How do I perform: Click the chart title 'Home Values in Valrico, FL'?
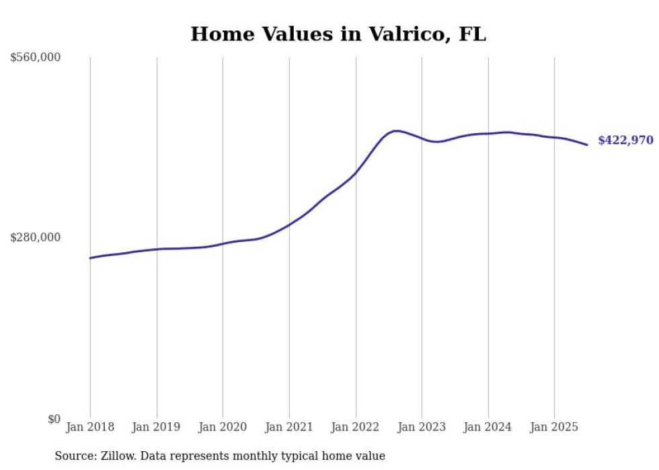(x=338, y=34)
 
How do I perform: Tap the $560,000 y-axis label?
(x=36, y=58)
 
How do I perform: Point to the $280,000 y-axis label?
(x=36, y=237)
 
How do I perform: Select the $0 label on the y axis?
(x=54, y=419)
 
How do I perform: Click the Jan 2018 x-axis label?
(x=90, y=427)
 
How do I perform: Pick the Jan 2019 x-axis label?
(x=157, y=427)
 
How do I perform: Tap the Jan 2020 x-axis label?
(x=223, y=427)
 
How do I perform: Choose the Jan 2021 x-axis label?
(x=289, y=427)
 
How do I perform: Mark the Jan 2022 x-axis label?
(x=356, y=427)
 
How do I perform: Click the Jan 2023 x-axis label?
(x=422, y=427)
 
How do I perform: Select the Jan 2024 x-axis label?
(x=488, y=427)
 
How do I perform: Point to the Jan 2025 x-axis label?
(x=554, y=427)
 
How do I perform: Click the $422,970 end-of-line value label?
(x=625, y=141)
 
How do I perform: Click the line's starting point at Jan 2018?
(x=90, y=258)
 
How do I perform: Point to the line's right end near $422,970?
(x=587, y=145)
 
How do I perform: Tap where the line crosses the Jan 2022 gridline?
(x=356, y=173)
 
